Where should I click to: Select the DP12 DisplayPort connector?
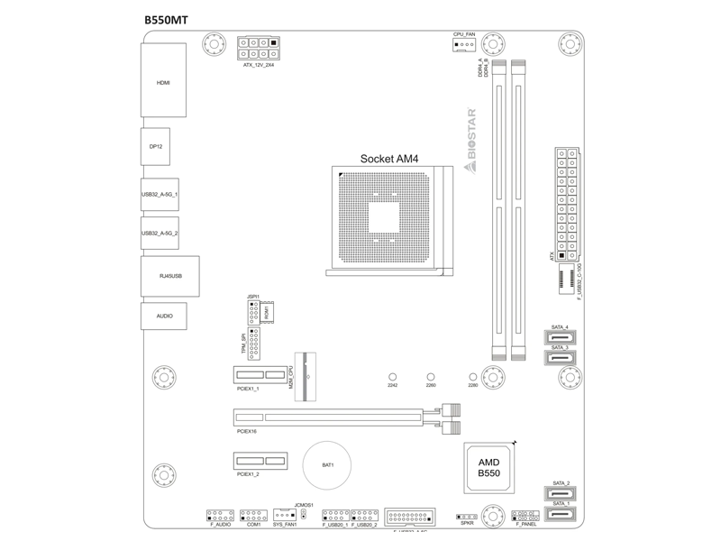(155, 144)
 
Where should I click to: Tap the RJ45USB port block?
(169, 276)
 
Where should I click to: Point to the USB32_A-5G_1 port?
(160, 194)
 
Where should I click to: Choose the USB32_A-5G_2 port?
(160, 234)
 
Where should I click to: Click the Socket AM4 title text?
(389, 157)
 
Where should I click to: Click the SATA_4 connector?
(560, 339)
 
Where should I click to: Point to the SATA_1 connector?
(560, 516)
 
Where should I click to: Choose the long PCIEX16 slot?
(329, 418)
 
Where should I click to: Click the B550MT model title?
(166, 18)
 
